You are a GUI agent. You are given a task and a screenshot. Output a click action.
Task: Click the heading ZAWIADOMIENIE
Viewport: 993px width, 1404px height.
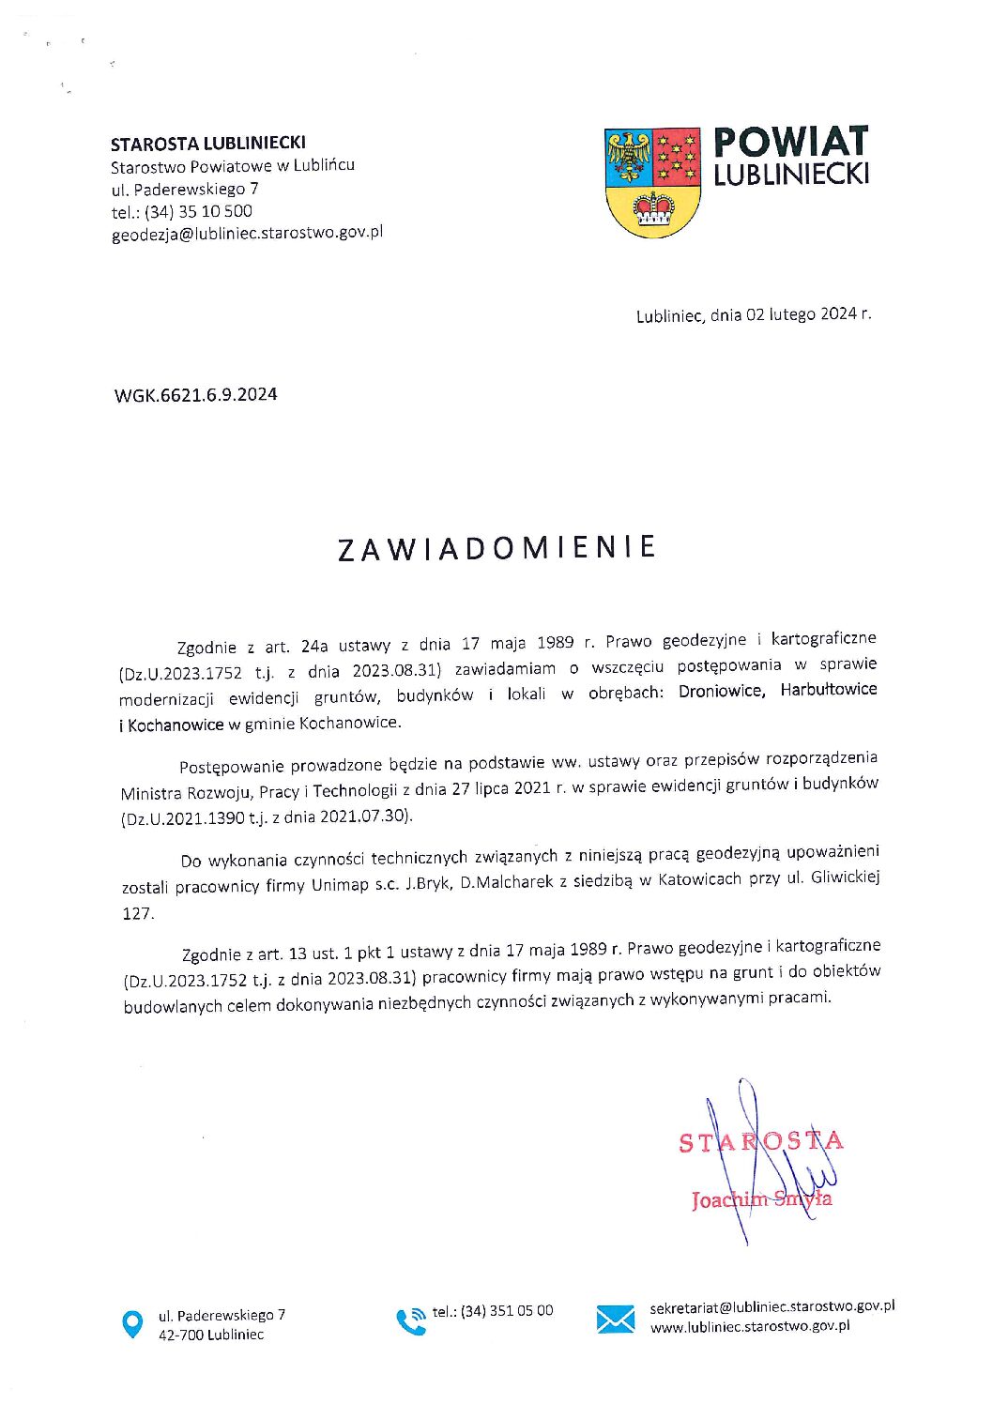click(x=496, y=548)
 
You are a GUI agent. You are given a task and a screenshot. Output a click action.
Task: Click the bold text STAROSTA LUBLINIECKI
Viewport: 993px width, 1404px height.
click(x=207, y=144)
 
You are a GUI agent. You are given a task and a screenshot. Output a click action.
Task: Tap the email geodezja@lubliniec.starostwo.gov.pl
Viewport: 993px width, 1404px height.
click(x=247, y=234)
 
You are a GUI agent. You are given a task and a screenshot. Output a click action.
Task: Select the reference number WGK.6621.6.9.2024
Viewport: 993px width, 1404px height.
click(x=195, y=394)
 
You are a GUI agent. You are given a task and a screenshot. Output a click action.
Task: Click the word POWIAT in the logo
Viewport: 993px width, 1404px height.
click(x=790, y=142)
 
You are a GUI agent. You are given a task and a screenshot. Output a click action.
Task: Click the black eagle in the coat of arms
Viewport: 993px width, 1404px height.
click(x=629, y=156)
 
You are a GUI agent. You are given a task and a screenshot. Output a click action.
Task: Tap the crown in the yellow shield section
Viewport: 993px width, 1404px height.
click(x=653, y=209)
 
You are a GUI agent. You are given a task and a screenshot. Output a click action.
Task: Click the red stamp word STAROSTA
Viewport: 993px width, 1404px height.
click(x=760, y=1141)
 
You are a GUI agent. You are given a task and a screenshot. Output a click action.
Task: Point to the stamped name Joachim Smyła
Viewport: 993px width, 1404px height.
click(x=761, y=1199)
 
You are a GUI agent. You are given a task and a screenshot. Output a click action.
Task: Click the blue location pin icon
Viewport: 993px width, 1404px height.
click(x=133, y=1324)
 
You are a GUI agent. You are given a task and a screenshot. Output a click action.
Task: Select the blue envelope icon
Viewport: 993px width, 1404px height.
click(x=615, y=1320)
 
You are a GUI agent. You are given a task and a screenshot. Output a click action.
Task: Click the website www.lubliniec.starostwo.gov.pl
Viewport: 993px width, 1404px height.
click(x=750, y=1327)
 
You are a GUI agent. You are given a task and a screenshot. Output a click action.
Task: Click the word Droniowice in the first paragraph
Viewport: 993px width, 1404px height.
click(x=720, y=691)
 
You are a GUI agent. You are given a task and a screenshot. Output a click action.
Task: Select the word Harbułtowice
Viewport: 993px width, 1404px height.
click(x=829, y=689)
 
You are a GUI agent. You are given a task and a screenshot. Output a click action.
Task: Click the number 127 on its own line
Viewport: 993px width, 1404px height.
click(x=137, y=913)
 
